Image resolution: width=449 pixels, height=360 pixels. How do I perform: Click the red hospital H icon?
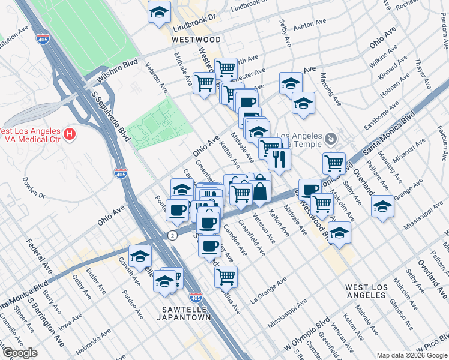pos(70,133)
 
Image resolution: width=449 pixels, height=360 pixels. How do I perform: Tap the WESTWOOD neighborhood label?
pos(196,40)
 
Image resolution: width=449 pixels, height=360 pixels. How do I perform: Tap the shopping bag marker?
pos(260,192)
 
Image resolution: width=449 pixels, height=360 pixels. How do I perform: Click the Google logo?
pos(20,353)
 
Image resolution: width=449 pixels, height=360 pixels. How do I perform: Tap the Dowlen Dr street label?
pos(34,187)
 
